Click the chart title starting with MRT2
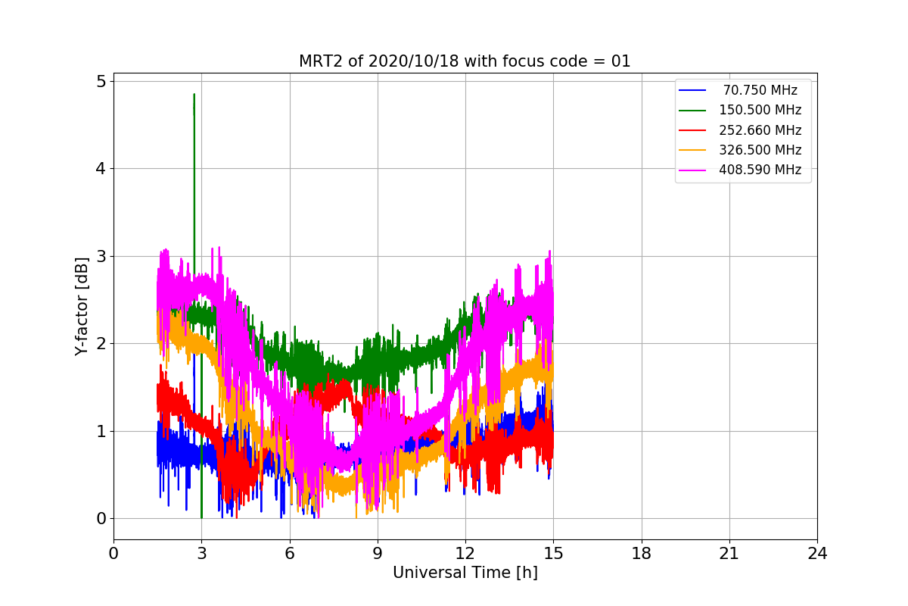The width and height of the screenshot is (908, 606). point(465,61)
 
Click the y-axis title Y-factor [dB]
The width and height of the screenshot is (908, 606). point(82,306)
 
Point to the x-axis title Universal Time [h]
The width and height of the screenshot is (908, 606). point(465,573)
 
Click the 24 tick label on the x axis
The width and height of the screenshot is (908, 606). point(817,554)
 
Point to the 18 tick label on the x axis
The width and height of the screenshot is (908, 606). point(642,554)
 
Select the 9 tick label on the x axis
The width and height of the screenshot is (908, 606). point(378,554)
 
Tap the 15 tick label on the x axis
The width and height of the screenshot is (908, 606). point(553,554)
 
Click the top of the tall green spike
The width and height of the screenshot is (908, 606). point(194,95)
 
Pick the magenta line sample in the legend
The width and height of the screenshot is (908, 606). point(692,170)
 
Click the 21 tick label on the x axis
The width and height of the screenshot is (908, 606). point(729,554)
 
